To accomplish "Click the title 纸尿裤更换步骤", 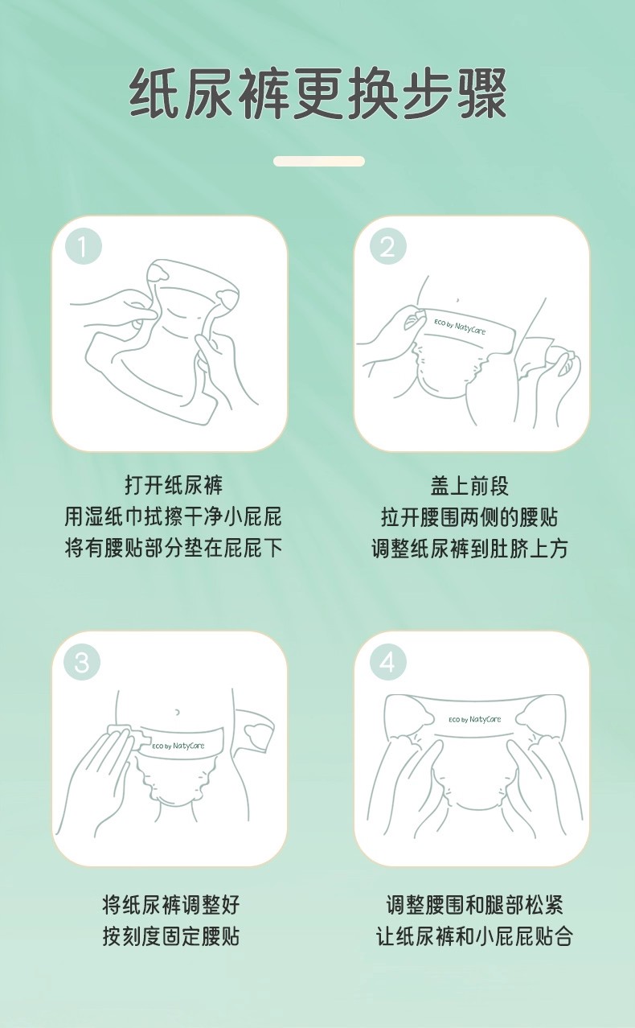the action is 317,94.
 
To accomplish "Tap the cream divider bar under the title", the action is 319,161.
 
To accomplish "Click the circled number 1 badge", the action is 83,248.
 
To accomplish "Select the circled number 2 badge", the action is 388,248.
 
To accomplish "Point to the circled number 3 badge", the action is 82,663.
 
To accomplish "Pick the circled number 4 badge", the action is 388,663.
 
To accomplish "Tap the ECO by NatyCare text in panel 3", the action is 178,746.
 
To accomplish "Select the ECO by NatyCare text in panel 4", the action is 475,718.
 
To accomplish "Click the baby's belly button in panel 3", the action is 178,712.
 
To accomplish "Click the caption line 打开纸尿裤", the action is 174,485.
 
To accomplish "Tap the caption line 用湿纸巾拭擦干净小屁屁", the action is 173,516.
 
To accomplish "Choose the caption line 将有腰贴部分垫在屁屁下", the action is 173,548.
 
